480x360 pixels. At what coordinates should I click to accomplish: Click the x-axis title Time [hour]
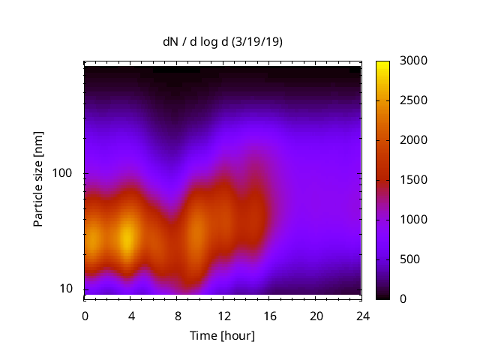point(222,335)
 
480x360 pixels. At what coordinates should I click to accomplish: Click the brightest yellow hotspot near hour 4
point(128,238)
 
